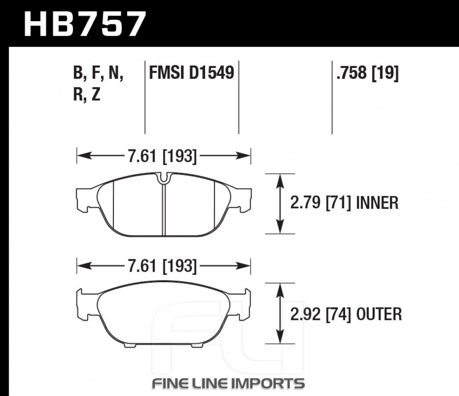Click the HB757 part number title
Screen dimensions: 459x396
(x=84, y=24)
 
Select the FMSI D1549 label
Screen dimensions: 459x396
(x=191, y=73)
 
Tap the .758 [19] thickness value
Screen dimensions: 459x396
(x=367, y=73)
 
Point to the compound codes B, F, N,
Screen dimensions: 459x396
(x=98, y=73)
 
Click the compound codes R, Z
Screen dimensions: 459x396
(x=87, y=94)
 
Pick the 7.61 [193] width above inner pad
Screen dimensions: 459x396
(x=162, y=156)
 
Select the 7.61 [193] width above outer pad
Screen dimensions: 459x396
(x=162, y=266)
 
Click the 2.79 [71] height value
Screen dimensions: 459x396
(x=320, y=202)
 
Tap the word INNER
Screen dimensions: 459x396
(x=377, y=202)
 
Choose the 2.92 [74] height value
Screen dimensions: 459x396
(x=320, y=314)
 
